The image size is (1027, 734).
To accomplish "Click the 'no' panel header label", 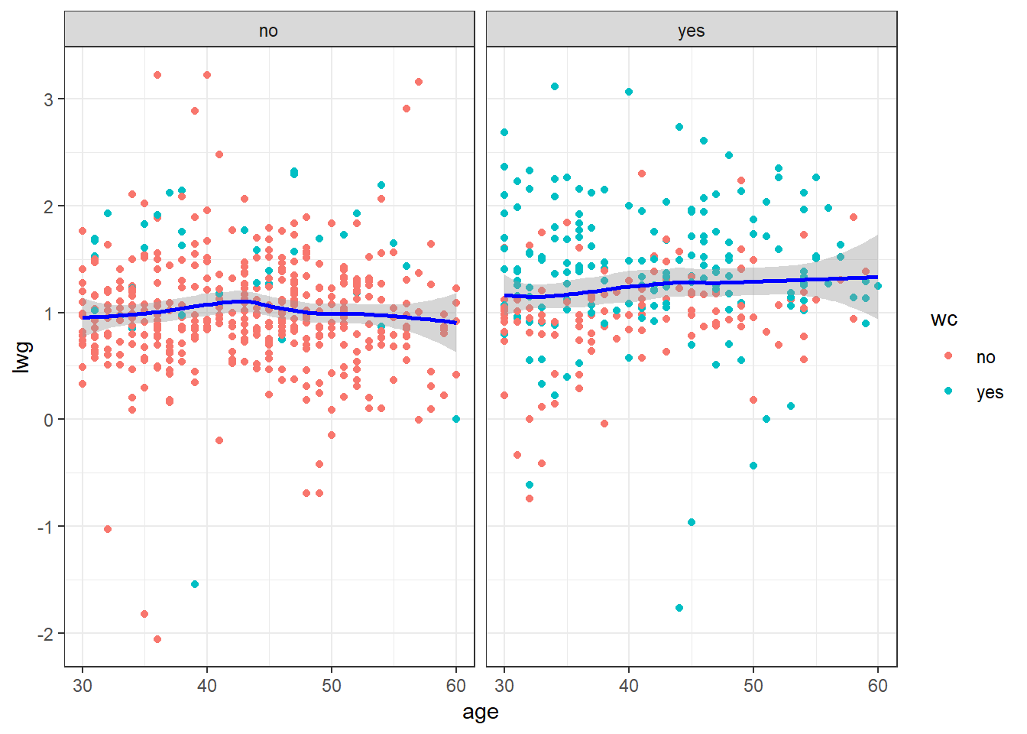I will (268, 31).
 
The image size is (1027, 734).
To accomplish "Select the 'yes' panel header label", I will (691, 31).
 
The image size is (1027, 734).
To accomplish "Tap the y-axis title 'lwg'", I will (23, 357).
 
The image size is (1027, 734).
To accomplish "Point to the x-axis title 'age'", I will (480, 712).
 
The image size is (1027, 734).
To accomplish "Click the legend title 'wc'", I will (944, 320).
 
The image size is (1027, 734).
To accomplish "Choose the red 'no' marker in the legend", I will (948, 356).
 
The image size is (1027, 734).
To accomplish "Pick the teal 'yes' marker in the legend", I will (948, 391).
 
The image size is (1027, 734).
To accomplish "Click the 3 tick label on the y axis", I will (48, 99).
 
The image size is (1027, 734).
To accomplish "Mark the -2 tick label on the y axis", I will (45, 634).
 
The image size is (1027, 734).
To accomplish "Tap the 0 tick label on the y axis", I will (48, 420).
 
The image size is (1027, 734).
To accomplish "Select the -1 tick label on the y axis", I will (45, 527).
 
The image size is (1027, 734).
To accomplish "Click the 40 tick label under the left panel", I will (207, 685).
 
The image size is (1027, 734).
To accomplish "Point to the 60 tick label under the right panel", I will (877, 685).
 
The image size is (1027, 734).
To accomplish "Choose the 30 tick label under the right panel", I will (504, 685).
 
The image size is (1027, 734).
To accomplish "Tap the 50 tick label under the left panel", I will (332, 685).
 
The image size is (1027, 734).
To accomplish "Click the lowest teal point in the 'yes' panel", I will (679, 608).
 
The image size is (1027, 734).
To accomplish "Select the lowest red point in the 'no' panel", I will (157, 639).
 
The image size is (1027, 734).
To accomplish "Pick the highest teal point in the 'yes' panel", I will (555, 86).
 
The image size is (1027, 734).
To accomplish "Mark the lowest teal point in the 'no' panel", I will (195, 584).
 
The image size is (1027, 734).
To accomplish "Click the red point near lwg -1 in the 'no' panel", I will (108, 529).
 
